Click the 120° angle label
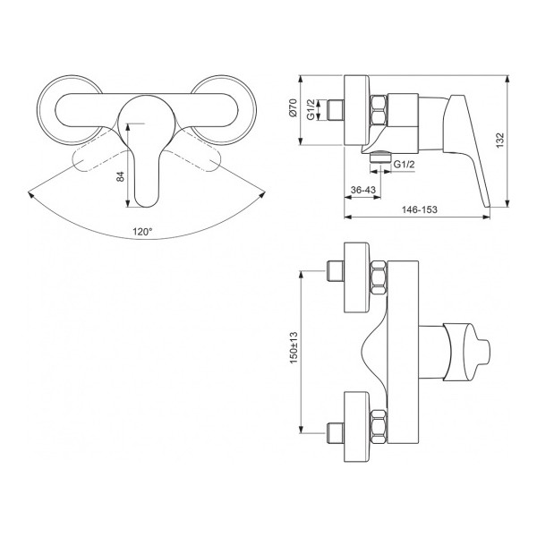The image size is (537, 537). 142,232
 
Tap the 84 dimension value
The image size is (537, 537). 121,176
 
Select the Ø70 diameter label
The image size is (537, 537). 293,108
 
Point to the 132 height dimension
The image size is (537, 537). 500,141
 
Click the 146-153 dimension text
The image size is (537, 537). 419,209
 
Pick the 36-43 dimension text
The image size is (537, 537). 363,190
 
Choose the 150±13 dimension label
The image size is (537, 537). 294,347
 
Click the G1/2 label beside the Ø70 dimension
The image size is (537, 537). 311,109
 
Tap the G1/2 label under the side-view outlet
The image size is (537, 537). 405,164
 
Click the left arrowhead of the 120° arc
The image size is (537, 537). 30,194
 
